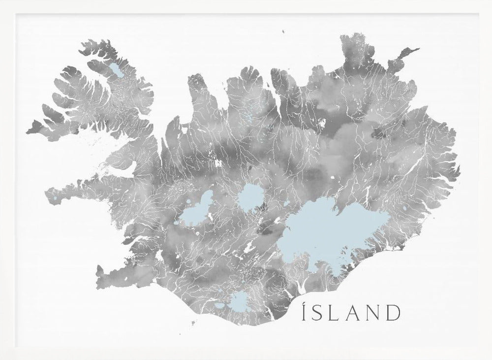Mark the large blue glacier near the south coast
pos(239,300)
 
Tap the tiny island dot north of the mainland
pos(284,33)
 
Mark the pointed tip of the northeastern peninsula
pos(418,49)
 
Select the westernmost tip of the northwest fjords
pos(28,131)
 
